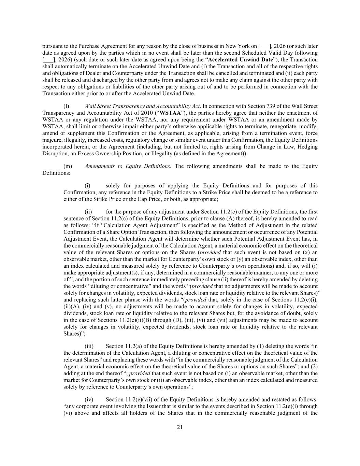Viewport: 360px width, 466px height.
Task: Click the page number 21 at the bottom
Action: pyautogui.click(x=180, y=427)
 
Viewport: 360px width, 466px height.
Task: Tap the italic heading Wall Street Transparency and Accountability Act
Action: pyautogui.click(x=143, y=106)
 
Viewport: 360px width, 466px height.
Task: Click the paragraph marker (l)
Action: pyautogui.click(x=67, y=106)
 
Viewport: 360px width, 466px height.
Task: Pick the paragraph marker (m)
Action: pyautogui.click(x=68, y=166)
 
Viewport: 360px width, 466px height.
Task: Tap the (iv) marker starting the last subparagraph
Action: pyautogui.click(x=89, y=399)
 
